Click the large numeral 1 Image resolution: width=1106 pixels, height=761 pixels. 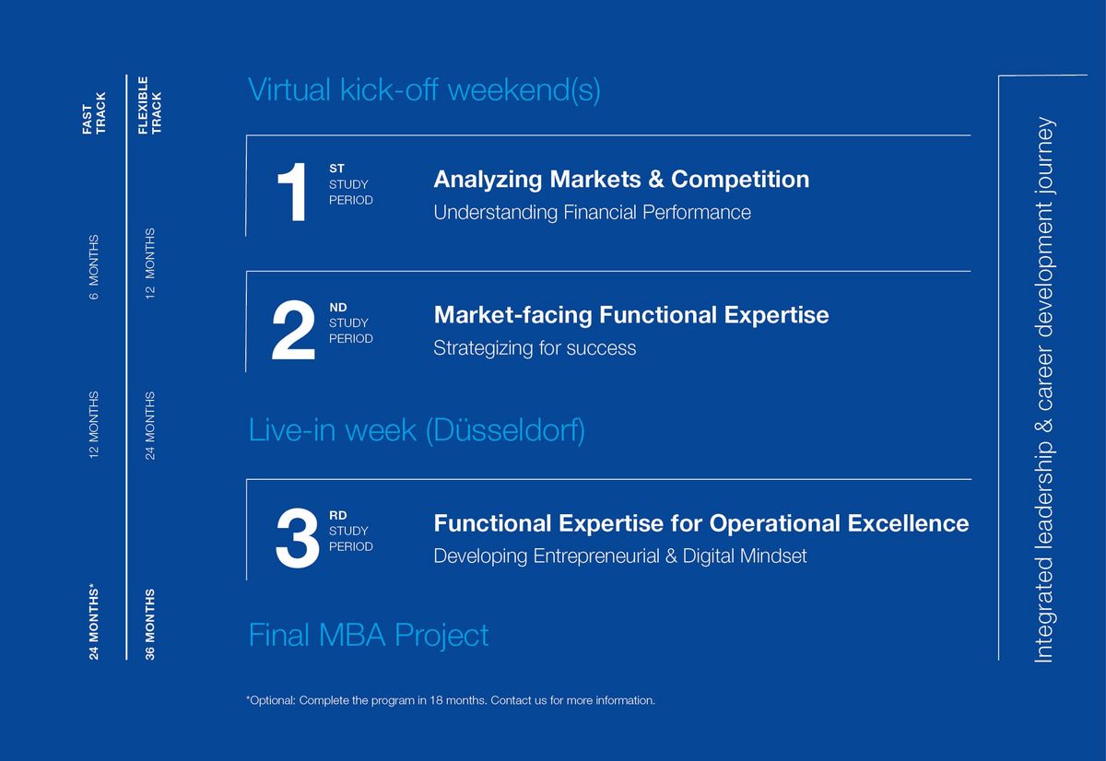292,192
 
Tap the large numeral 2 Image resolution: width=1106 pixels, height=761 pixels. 293,330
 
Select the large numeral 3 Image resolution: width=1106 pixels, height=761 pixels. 297,538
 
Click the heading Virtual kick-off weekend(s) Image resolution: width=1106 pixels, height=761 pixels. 424,90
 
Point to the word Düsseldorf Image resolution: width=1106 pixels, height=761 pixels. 505,430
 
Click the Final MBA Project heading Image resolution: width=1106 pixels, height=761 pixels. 369,635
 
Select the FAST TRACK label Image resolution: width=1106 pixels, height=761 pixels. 94,113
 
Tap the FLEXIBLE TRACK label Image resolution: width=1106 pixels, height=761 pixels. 149,105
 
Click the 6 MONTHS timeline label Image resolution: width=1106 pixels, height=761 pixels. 93,267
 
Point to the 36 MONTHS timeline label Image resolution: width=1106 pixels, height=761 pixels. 149,625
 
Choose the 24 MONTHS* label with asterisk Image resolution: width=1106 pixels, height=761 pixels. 93,622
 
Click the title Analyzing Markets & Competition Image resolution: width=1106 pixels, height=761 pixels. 621,179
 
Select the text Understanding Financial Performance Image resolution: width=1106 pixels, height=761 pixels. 592,212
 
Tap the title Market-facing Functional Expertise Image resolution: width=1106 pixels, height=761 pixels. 631,315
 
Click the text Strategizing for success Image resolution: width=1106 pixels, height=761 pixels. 535,348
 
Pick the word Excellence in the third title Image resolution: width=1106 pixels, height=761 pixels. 908,523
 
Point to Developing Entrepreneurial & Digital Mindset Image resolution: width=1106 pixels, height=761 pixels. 620,556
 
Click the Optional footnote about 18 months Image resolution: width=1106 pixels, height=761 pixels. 451,700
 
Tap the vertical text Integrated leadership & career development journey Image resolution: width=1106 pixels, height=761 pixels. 1044,390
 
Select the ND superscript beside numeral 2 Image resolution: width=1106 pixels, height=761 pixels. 338,308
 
